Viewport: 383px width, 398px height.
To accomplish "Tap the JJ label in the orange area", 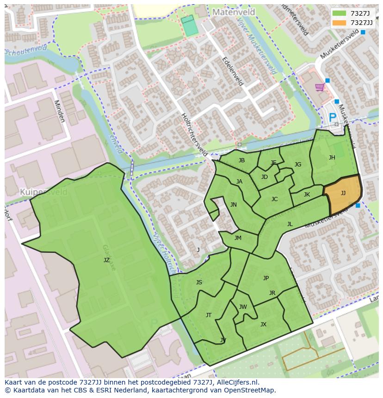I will pos(343,193).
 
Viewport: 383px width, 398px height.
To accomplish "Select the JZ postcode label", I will pos(106,260).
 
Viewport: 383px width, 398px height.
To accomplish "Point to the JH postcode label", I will pos(332,158).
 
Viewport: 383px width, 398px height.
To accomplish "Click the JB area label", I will pos(241,160).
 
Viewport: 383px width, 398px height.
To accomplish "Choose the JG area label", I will pos(297,165).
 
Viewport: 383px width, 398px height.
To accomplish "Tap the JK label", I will pos(307,195).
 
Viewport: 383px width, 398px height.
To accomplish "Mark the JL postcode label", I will pos(290,224).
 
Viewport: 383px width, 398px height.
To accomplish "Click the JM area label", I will pos(238,238).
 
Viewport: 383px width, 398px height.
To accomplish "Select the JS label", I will pos(199,282).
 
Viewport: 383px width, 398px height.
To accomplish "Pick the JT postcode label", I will pos(209,315).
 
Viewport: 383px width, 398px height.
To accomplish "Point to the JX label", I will pos(263,325).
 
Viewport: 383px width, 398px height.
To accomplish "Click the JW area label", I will pos(243,307).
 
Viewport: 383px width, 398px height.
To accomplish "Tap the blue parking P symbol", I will pos(332,118).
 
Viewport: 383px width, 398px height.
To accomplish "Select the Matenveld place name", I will pos(231,11).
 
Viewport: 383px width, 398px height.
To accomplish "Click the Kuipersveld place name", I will pos(40,191).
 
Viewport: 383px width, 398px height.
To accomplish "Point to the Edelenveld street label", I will pos(233,71).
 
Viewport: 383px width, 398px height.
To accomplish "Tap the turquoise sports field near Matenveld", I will pos(189,26).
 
